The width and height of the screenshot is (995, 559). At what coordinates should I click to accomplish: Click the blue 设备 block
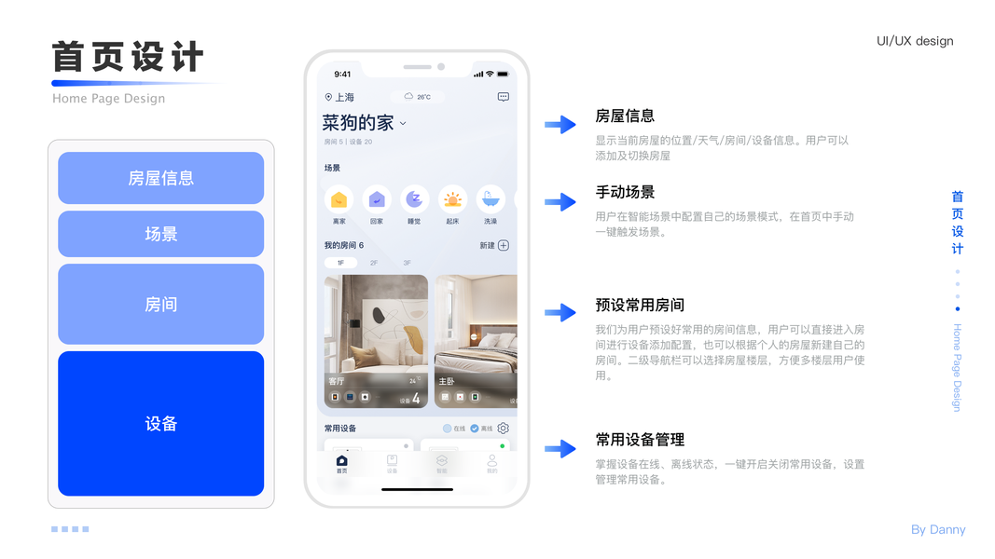[160, 423]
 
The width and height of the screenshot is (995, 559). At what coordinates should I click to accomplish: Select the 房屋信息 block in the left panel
[160, 178]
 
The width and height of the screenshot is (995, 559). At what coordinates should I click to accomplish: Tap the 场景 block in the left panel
[160, 234]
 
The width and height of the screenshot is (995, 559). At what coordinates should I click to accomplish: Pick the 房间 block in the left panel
[160, 305]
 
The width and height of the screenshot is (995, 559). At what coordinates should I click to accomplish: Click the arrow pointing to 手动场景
[560, 201]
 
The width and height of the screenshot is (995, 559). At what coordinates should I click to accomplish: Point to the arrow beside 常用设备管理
[560, 449]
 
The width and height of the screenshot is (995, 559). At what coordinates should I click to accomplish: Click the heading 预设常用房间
[640, 306]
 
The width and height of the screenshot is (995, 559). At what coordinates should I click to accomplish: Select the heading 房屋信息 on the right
[625, 116]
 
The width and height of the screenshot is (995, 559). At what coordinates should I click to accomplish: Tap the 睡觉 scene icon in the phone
[414, 199]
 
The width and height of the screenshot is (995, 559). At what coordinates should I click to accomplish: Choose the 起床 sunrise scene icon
[452, 199]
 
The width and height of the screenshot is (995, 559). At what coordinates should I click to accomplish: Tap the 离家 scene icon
[339, 199]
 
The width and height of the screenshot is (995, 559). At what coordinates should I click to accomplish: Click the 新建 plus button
[503, 246]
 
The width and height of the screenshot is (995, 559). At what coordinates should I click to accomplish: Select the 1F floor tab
[340, 264]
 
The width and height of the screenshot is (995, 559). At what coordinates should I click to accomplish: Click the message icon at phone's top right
[504, 97]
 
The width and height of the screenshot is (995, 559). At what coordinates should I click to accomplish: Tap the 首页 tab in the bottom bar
[342, 464]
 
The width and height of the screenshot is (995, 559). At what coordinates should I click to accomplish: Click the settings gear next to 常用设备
[504, 429]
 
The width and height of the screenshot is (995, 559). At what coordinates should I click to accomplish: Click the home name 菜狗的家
[358, 123]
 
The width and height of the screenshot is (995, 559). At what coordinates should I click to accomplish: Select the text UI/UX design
[915, 41]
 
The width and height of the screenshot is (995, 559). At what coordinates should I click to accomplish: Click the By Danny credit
[938, 530]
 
